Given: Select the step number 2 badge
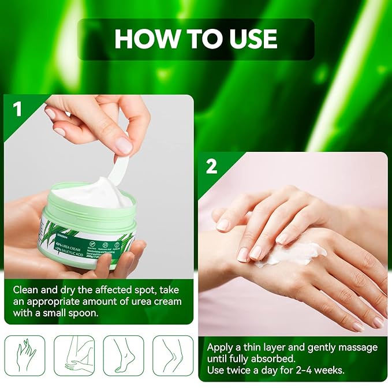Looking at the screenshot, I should (211, 166).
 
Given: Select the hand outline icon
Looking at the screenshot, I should (24, 356).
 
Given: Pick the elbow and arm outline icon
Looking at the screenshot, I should (74, 356).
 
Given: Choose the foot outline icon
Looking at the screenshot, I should (124, 356).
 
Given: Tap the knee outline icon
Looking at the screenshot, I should (173, 356).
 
